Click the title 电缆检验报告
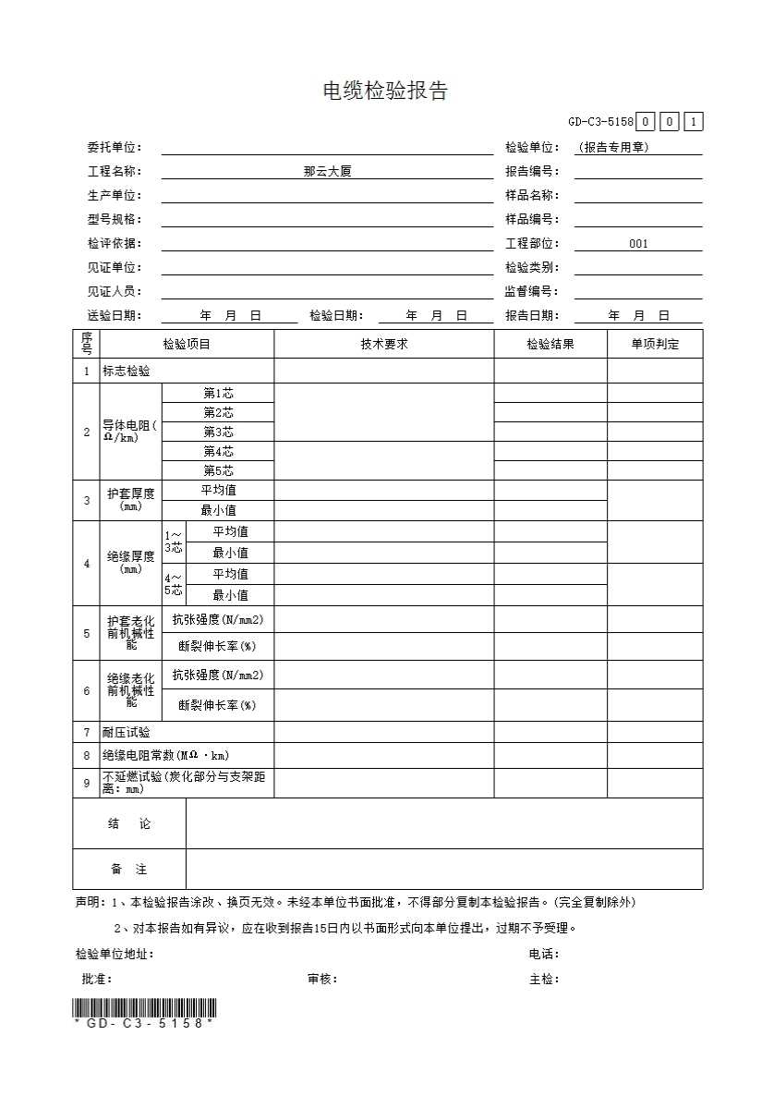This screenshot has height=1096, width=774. (385, 91)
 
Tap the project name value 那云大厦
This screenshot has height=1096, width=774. (327, 171)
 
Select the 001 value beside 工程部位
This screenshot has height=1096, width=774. (638, 244)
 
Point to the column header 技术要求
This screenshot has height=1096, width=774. (383, 345)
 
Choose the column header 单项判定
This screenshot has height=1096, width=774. (654, 345)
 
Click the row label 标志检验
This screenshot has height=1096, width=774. (127, 371)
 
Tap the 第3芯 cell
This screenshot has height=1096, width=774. (218, 432)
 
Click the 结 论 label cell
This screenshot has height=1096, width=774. (128, 823)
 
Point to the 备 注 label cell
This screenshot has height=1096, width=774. (128, 870)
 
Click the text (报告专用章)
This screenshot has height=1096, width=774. (612, 148)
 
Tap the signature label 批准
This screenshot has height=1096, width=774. (96, 980)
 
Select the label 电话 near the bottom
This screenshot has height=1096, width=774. (543, 955)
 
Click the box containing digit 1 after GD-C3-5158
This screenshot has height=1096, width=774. (693, 122)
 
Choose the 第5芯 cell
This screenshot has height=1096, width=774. (218, 470)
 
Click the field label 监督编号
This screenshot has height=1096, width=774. (532, 292)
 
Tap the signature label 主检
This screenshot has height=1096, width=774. (543, 980)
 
